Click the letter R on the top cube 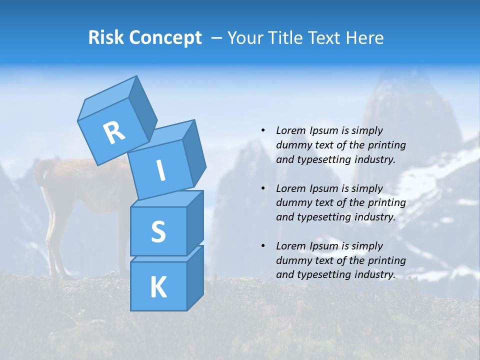[114, 133]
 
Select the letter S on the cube [158, 231]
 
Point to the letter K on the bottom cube [158, 287]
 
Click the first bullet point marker [263, 130]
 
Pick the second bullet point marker [263, 188]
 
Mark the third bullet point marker [263, 246]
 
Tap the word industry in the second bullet [375, 217]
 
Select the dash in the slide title [217, 38]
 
